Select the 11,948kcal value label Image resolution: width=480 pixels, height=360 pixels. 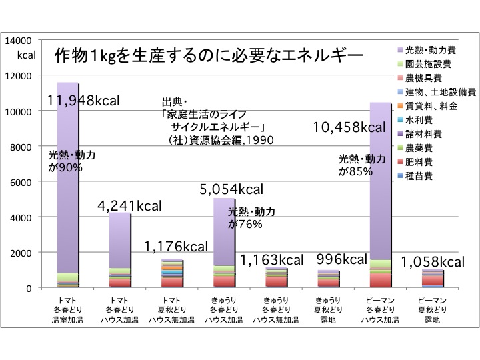[83, 101]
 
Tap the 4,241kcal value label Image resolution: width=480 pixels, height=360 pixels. [129, 206]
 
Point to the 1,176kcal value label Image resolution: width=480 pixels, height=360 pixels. [177, 247]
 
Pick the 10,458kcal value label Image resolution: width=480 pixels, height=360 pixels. [350, 127]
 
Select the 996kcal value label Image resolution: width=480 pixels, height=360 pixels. [342, 259]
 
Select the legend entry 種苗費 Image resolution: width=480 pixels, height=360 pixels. [419, 176]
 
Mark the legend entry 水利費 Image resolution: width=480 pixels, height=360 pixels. [419, 120]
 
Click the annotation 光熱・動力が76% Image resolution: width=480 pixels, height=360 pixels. [251, 218]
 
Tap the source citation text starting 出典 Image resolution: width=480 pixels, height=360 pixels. [220, 121]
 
